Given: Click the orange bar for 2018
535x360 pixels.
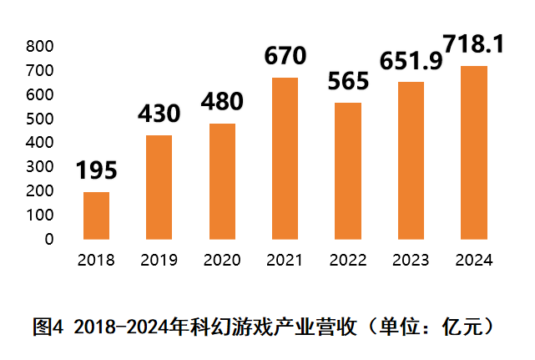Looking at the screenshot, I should (96, 215).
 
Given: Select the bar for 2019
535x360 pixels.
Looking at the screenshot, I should (159, 187).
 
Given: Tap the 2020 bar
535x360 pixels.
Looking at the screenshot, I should (222, 181).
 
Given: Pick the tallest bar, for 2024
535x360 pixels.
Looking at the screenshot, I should (473, 152).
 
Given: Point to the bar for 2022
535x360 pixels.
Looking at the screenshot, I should (348, 170).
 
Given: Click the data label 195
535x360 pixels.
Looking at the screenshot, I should (96, 171).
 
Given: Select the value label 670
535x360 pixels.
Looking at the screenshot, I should (285, 57).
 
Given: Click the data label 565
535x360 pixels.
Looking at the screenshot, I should (348, 82).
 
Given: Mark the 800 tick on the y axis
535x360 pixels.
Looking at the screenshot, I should (39, 46).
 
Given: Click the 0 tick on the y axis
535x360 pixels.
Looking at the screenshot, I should (49, 239).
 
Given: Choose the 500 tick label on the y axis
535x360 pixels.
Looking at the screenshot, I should (39, 119).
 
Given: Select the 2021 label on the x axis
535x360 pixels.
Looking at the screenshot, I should (285, 260).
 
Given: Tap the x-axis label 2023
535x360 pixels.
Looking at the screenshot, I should (411, 260).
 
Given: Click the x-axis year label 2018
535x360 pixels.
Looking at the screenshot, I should (96, 260).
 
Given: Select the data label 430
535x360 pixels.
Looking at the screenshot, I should (159, 114).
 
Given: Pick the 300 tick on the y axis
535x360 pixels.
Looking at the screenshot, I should (39, 167).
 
